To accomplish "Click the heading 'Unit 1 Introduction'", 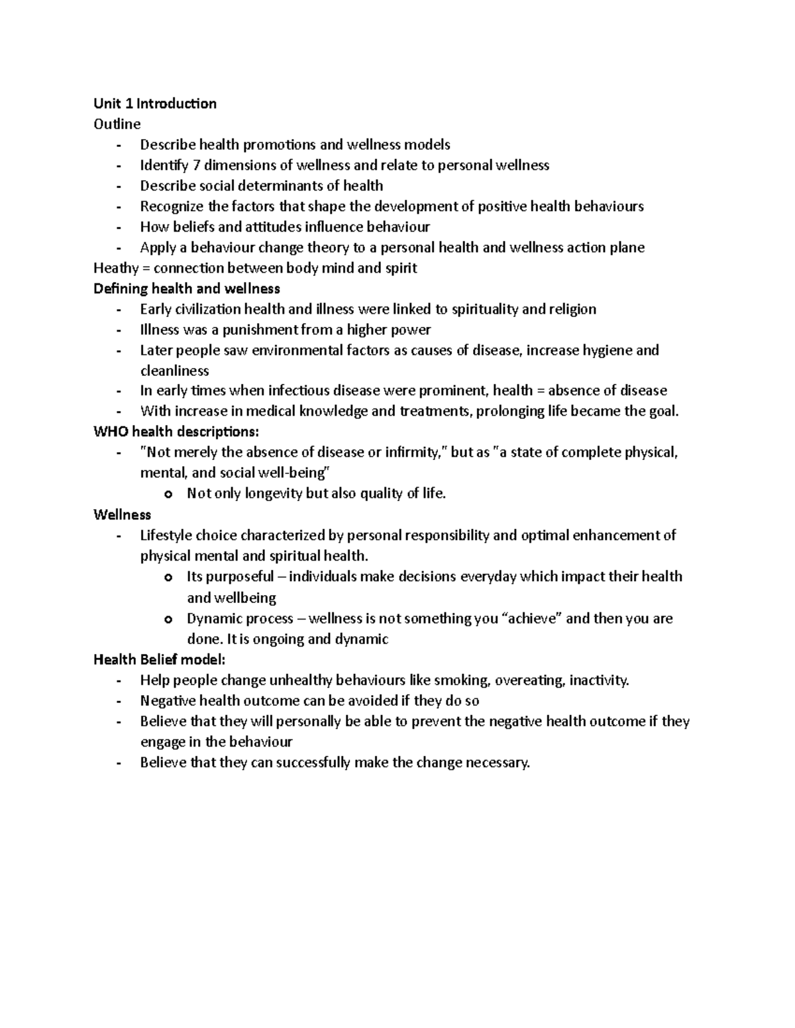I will (155, 103).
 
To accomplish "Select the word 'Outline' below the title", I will (117, 124).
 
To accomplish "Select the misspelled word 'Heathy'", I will (116, 268).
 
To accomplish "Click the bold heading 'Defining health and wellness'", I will (187, 289).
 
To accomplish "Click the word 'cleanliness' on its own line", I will (174, 371).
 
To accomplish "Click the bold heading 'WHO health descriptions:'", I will (177, 432).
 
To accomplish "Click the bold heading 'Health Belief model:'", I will (160, 659).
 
